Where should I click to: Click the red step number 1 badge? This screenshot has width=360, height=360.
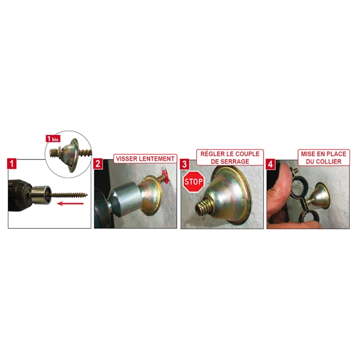click(12, 163)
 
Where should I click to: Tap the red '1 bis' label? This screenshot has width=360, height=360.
click(53, 139)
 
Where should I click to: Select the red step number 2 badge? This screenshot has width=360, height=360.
click(98, 163)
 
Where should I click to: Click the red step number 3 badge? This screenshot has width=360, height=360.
click(185, 163)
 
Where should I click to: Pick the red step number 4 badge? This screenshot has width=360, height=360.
click(271, 163)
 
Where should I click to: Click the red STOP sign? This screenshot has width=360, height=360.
click(193, 182)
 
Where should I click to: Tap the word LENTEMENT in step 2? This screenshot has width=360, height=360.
click(157, 159)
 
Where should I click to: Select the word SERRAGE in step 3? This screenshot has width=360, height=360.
click(231, 161)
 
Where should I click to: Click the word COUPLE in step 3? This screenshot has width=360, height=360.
click(246, 154)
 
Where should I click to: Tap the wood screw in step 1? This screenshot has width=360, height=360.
click(71, 193)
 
